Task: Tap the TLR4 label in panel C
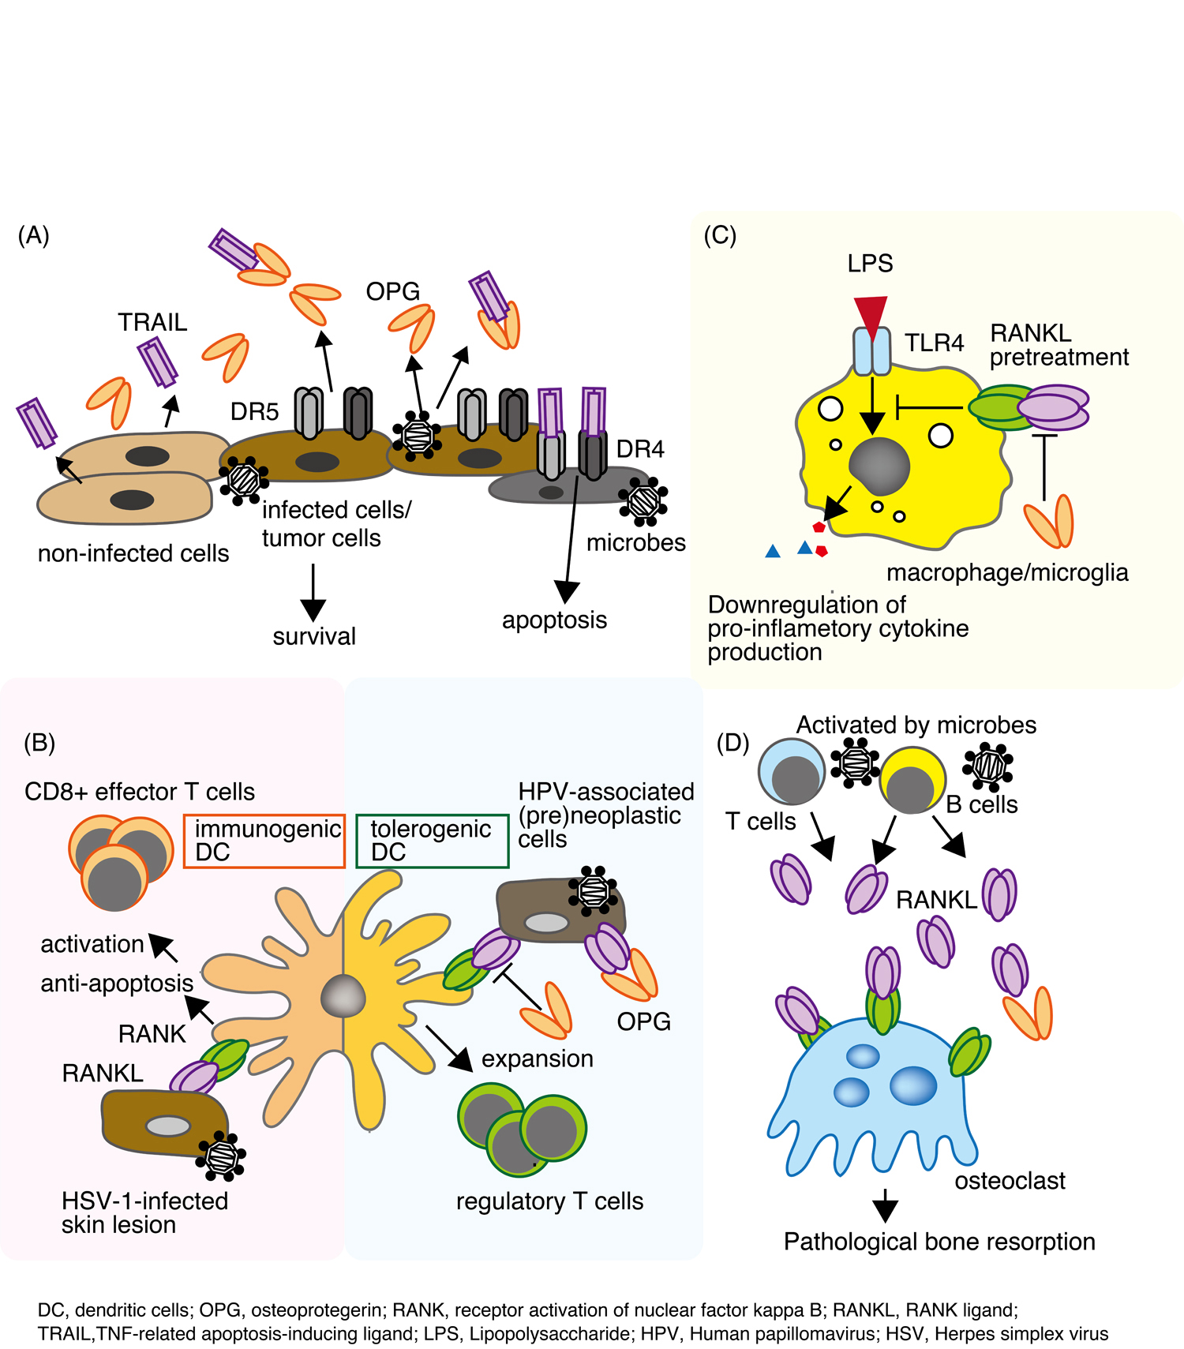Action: [x=934, y=343]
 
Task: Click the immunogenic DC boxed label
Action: [x=264, y=841]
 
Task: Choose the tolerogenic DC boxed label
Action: [x=432, y=841]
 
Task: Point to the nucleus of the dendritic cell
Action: [x=343, y=997]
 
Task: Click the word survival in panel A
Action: [x=314, y=636]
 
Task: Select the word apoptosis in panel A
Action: [x=554, y=620]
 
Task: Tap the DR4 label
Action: [x=640, y=449]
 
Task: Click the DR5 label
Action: [x=254, y=411]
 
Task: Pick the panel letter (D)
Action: [x=733, y=743]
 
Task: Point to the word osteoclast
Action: [x=1010, y=1181]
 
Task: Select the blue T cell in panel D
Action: [x=792, y=771]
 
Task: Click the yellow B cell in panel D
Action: [x=912, y=781]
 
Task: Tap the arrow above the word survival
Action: [x=313, y=592]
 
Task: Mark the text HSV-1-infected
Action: [x=144, y=1201]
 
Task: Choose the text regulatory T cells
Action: [x=549, y=1201]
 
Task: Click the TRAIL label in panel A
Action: [x=152, y=322]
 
